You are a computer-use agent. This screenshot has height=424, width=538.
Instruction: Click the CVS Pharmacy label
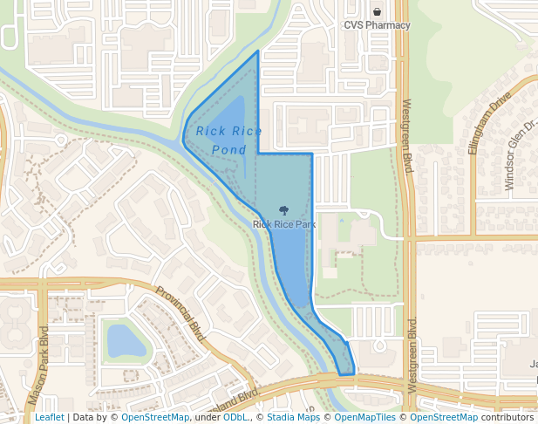(x=377, y=25)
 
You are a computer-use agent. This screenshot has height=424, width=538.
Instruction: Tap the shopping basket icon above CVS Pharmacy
(x=377, y=12)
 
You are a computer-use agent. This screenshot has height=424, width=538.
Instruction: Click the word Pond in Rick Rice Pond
(x=228, y=150)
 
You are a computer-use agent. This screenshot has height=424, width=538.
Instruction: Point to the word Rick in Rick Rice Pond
(x=210, y=131)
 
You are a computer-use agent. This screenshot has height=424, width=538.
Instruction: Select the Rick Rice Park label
(x=283, y=224)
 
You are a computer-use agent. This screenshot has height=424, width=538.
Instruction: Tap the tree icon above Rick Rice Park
(x=283, y=210)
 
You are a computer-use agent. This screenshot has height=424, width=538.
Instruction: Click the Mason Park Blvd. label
(x=38, y=365)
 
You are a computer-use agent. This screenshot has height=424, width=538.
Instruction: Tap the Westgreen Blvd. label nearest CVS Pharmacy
(x=406, y=135)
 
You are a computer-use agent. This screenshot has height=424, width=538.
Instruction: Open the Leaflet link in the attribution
(x=49, y=417)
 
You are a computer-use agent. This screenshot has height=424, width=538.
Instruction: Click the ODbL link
(x=235, y=417)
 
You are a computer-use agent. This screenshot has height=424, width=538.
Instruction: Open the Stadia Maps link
(x=293, y=417)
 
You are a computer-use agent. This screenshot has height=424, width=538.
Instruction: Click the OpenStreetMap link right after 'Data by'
(x=155, y=417)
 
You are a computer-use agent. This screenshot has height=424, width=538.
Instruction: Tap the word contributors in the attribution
(x=507, y=417)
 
